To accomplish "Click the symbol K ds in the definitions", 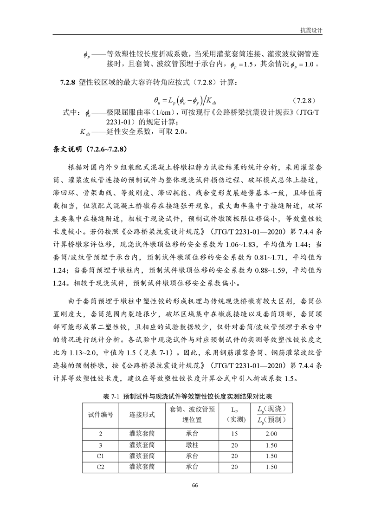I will point(87,132).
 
